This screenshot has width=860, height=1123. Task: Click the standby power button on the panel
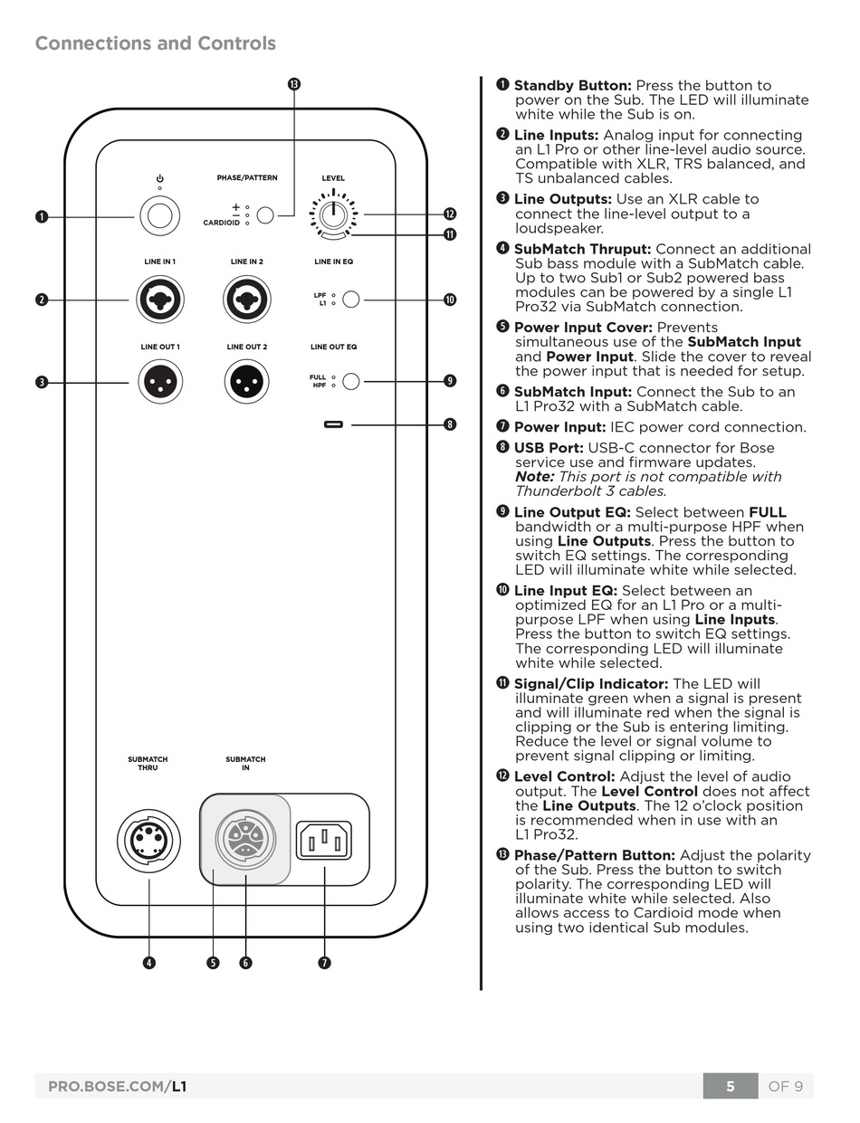160,216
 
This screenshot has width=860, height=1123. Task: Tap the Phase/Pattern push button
265,215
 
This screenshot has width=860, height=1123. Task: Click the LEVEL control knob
333,214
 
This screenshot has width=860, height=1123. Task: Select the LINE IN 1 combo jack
160,300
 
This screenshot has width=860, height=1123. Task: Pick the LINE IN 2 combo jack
246,300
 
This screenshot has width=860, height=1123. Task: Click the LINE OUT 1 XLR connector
160,382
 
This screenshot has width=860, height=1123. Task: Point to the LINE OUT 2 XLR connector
246,382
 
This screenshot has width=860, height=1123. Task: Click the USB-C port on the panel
333,424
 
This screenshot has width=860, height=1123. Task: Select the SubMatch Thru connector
148,841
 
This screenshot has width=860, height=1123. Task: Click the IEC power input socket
324,841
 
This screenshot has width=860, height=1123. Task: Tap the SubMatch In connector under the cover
245,839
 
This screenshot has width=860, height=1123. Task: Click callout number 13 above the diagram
293,84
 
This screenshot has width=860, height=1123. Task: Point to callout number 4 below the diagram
148,963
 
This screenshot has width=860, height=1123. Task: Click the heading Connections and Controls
155,43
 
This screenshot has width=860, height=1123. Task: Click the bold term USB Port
548,448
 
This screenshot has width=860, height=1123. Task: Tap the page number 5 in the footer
730,1086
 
